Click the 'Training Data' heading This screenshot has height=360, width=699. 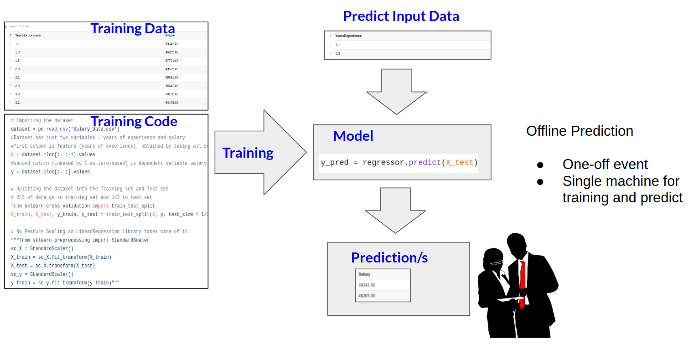(x=133, y=29)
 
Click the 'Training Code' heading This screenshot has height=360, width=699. (x=134, y=122)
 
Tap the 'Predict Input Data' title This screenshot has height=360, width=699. (x=401, y=16)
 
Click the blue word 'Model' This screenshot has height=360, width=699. (x=353, y=136)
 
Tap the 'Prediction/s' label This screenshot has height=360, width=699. (x=389, y=258)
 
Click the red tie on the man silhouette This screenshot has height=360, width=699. (x=523, y=283)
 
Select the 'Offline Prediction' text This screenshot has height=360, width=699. (x=580, y=131)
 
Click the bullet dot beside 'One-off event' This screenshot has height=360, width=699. (x=540, y=165)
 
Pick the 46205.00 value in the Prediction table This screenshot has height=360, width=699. (x=367, y=296)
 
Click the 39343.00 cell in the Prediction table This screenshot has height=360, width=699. (x=367, y=285)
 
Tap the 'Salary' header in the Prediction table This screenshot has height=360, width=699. (x=364, y=274)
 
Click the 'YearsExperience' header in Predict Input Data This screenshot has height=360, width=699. (x=348, y=36)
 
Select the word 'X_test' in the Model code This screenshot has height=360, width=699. (x=459, y=163)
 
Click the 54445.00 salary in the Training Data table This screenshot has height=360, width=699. (x=172, y=103)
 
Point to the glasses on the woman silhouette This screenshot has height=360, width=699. (x=497, y=262)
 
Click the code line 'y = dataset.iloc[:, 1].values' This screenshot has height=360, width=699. (x=50, y=172)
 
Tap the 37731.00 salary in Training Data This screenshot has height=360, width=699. (x=172, y=61)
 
